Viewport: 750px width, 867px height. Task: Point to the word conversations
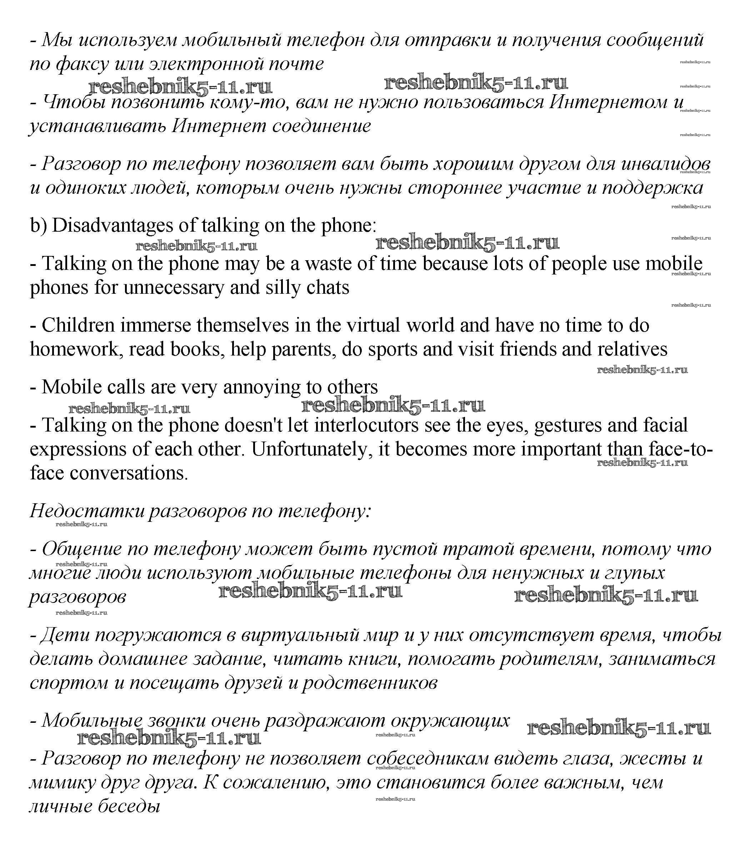129,473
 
